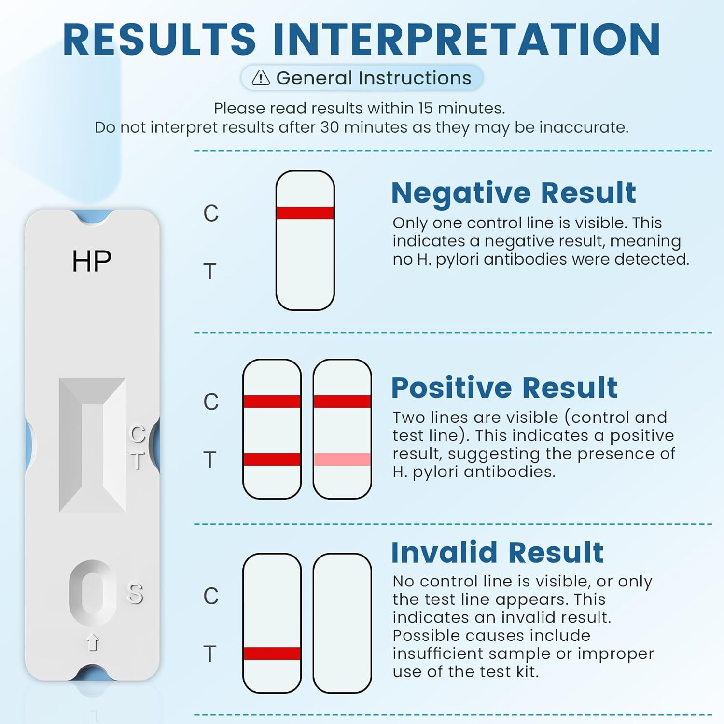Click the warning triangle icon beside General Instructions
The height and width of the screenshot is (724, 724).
click(x=261, y=78)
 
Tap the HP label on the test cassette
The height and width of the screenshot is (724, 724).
click(x=92, y=261)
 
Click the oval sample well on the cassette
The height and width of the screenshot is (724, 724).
click(x=92, y=592)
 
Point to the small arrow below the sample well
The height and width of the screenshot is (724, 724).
click(x=93, y=642)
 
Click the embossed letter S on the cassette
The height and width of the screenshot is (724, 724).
click(x=135, y=593)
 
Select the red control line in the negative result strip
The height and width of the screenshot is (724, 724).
click(x=305, y=213)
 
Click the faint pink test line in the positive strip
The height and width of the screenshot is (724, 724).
click(x=342, y=459)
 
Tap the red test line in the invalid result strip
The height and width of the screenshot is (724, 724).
click(x=272, y=654)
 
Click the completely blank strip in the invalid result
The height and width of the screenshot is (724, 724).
click(x=342, y=623)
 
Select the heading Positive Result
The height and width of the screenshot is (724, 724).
click(x=504, y=388)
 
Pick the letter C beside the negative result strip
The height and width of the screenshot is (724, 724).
click(x=211, y=213)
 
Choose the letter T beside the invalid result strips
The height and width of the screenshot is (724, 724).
click(x=210, y=654)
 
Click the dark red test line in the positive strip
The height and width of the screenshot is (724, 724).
click(x=272, y=459)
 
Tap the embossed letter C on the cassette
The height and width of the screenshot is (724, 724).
click(x=138, y=434)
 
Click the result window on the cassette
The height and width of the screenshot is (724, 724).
click(x=92, y=445)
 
